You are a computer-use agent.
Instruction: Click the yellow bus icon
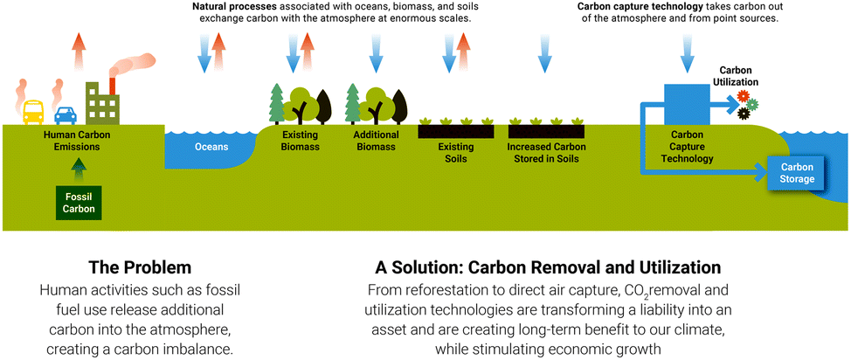point(33,112)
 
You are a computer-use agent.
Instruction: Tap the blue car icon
point(66,114)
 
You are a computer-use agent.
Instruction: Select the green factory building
point(102,103)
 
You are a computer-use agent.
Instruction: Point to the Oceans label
point(211,147)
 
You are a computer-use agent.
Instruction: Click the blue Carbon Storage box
point(797,173)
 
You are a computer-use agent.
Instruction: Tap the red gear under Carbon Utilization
point(744,96)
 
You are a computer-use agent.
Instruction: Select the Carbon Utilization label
point(738,76)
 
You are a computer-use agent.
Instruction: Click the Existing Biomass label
point(300,141)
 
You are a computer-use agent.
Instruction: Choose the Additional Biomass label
point(377,141)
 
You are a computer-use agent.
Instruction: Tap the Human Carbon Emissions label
point(75,141)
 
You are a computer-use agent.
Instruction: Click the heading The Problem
point(140,267)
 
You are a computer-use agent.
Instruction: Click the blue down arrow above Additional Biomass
point(376,52)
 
